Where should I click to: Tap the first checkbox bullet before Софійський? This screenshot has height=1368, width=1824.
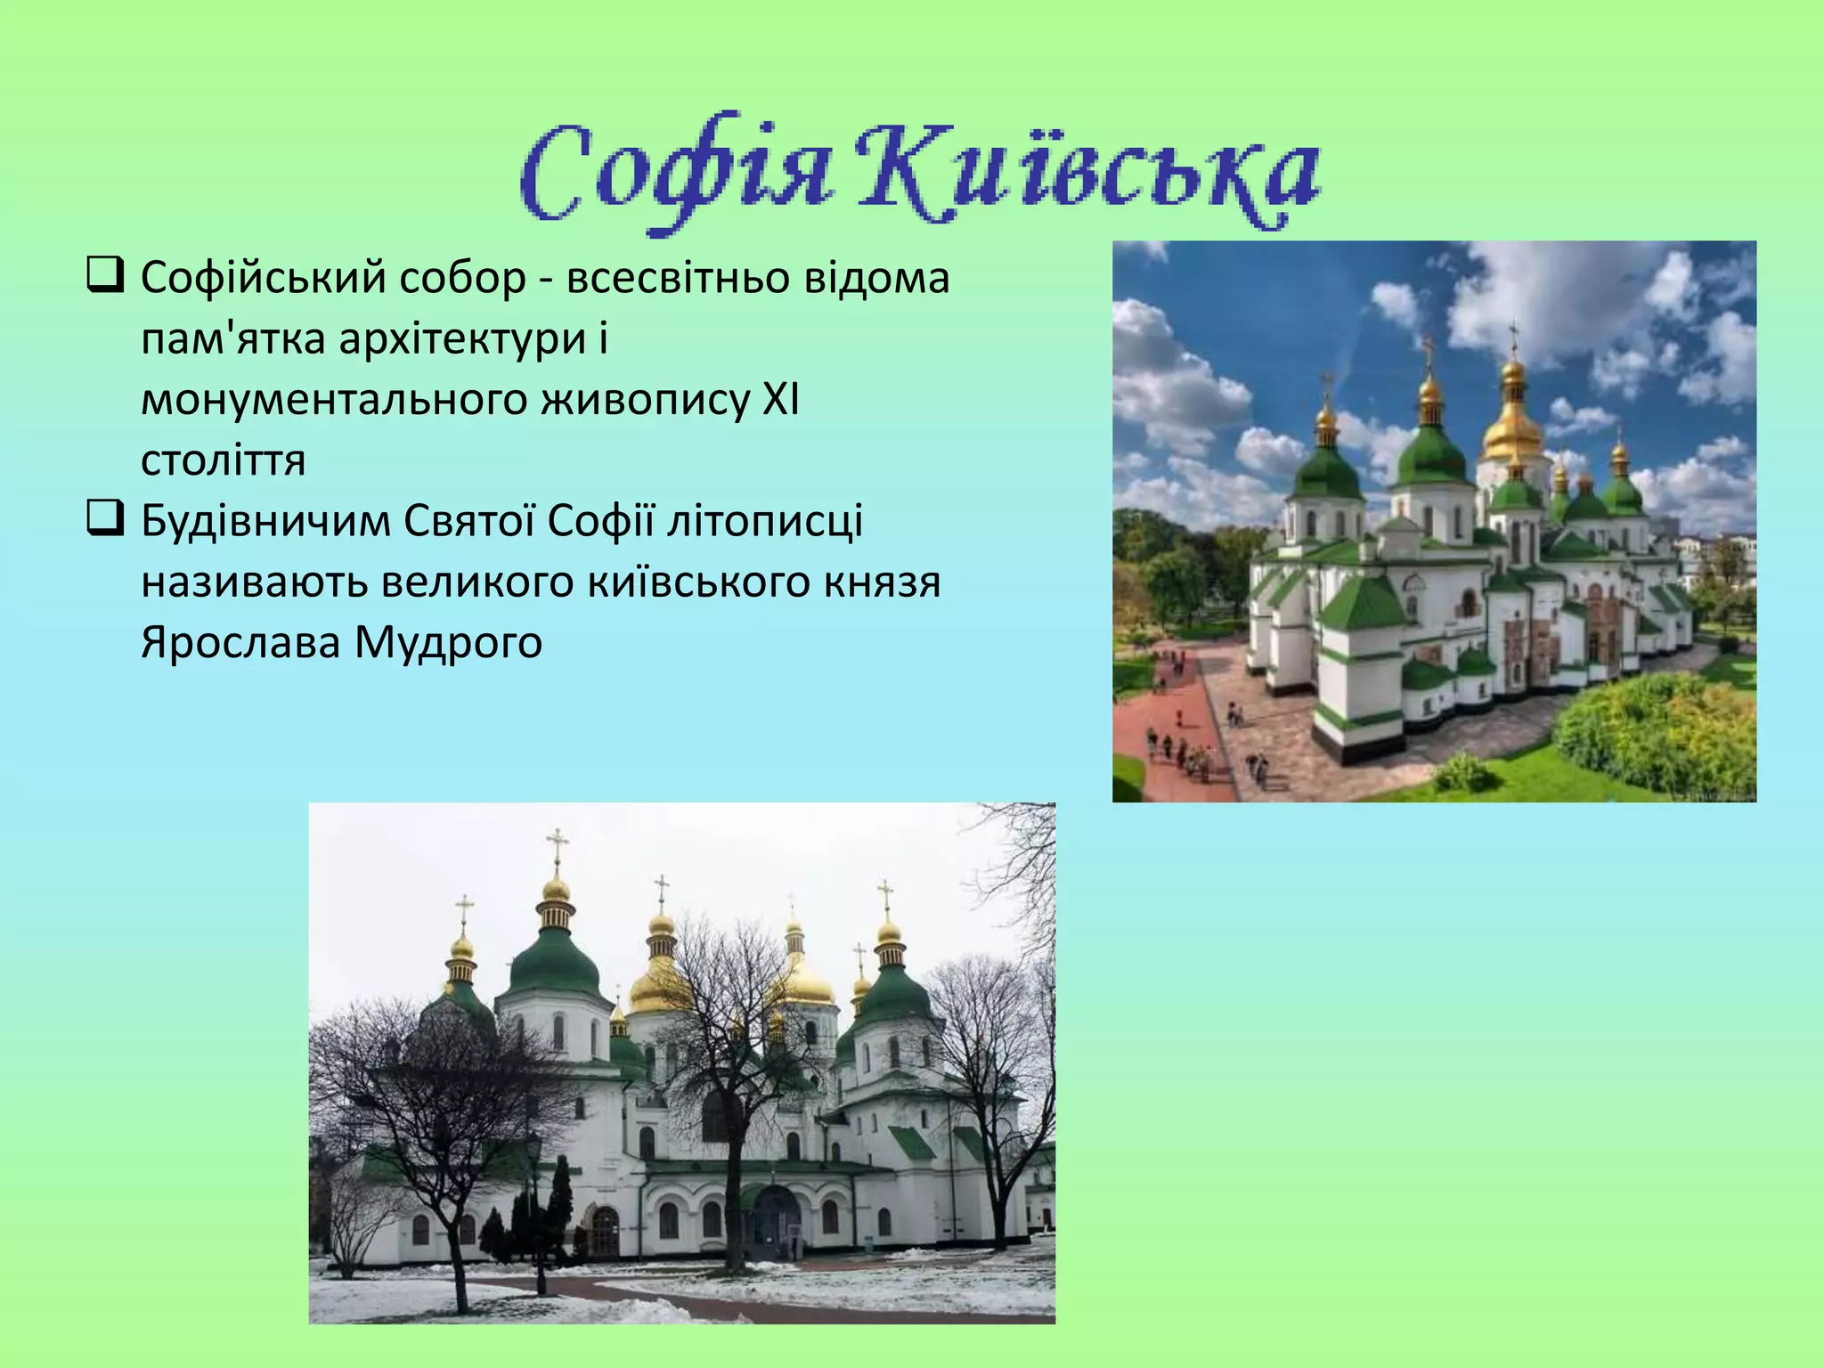pos(104,275)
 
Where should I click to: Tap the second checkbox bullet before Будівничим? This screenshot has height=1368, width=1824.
pos(104,518)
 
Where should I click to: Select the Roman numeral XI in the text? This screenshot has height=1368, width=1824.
pos(780,400)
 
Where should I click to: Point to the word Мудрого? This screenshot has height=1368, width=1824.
pos(448,642)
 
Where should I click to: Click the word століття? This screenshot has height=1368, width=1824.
pos(223,460)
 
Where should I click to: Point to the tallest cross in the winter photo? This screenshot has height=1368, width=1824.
pos(557,846)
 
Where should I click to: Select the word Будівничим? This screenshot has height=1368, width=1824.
pos(265,521)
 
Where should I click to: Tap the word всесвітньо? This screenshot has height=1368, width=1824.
pos(678,279)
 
